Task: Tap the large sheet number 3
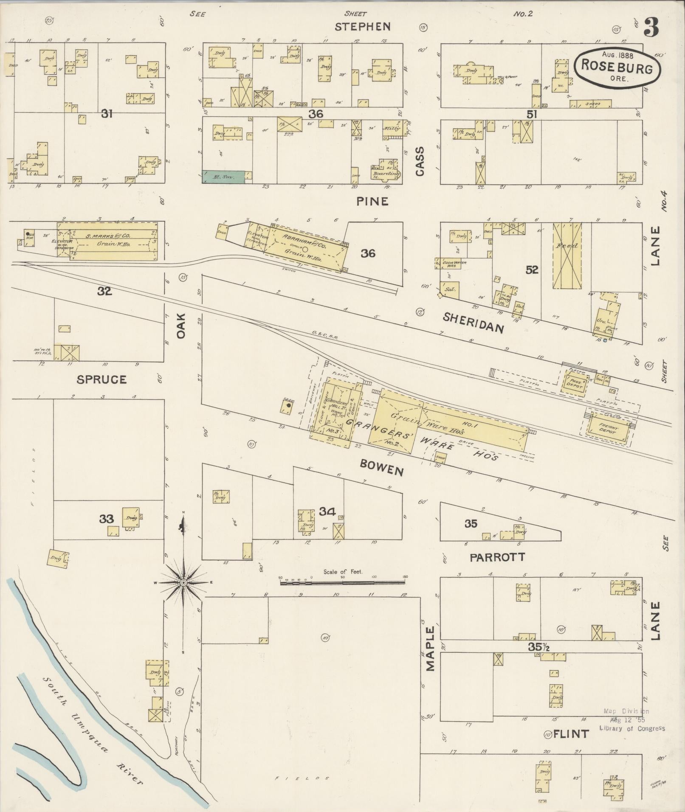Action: pyautogui.click(x=651, y=27)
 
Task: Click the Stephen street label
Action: pyautogui.click(x=362, y=27)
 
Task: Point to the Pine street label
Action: pyautogui.click(x=372, y=201)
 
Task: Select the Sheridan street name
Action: pyautogui.click(x=474, y=322)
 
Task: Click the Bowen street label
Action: pyautogui.click(x=381, y=469)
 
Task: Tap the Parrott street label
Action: pyautogui.click(x=497, y=557)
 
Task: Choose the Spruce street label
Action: pyautogui.click(x=101, y=379)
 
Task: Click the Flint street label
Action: pyautogui.click(x=571, y=734)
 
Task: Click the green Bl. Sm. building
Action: pyautogui.click(x=223, y=177)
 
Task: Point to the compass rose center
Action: pyautogui.click(x=183, y=583)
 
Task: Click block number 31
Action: pyautogui.click(x=106, y=113)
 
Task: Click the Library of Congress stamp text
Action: pyautogui.click(x=632, y=728)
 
